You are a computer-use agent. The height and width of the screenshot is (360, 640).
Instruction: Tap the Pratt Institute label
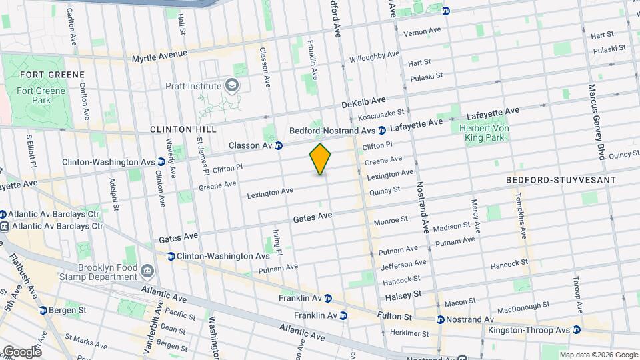click(193, 86)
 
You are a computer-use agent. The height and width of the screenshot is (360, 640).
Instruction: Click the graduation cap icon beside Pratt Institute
click(231, 85)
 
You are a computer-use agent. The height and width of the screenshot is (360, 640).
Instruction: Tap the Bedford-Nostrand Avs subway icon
click(382, 130)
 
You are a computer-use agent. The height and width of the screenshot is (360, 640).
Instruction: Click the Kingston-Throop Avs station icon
click(577, 330)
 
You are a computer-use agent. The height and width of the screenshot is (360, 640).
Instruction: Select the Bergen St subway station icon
click(43, 310)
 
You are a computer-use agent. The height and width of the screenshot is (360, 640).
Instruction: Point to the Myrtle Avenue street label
click(159, 57)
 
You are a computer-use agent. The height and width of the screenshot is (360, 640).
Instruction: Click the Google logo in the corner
click(21, 351)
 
